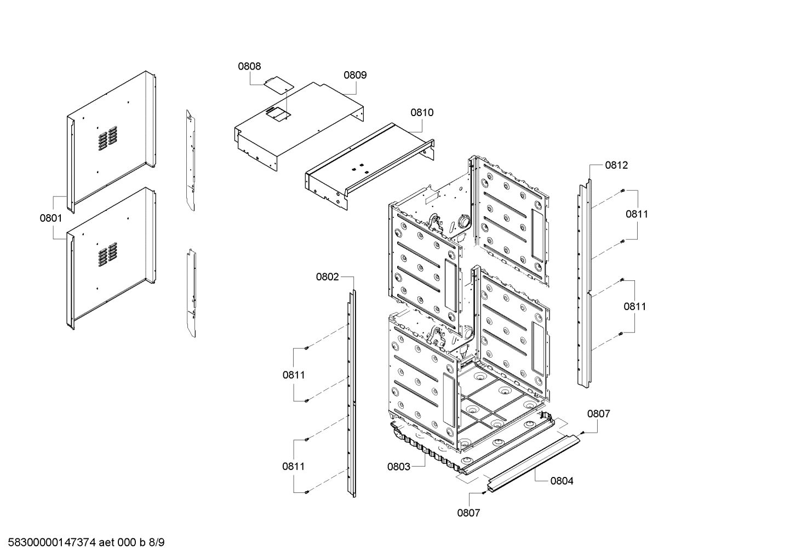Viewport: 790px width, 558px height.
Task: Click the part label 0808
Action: tap(249, 66)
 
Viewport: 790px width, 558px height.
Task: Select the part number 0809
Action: tap(355, 75)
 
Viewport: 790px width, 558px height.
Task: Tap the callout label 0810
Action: tap(422, 112)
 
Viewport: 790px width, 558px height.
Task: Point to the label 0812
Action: tap(616, 165)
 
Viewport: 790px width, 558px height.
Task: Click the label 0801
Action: tap(50, 218)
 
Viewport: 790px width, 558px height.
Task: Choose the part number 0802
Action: tap(327, 277)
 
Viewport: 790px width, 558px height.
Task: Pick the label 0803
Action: tap(398, 467)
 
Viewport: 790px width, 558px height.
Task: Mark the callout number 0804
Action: tap(562, 481)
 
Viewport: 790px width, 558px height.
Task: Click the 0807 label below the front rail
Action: tap(468, 513)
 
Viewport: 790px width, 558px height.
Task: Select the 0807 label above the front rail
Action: tap(599, 414)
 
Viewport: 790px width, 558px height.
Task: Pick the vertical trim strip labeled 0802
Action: tap(351, 394)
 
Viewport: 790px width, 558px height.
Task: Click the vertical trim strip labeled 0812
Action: tap(585, 285)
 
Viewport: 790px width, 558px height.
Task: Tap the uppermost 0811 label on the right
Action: tap(637, 214)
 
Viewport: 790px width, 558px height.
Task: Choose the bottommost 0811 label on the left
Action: tap(294, 467)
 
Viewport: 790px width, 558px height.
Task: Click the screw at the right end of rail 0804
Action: tap(582, 432)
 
